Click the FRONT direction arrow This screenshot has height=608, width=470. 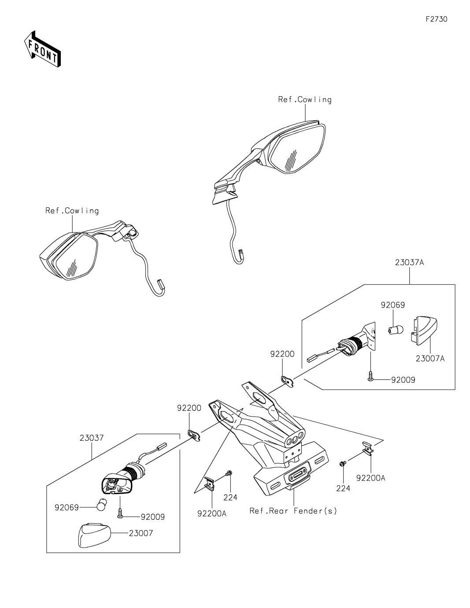42,49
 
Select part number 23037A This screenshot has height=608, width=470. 409,263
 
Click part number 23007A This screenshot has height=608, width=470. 430,359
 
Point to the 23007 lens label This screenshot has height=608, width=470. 141,533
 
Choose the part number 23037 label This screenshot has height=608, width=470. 92,438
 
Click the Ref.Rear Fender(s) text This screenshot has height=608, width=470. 293,511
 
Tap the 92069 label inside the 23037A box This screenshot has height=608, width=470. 392,305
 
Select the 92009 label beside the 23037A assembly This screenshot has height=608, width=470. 403,379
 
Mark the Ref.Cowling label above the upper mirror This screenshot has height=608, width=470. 304,100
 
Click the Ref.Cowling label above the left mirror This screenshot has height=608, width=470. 72,211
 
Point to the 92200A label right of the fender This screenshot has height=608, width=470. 370,477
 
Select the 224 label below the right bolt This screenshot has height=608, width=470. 343,488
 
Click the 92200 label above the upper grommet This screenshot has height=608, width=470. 282,354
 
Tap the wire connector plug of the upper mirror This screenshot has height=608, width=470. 241,255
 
